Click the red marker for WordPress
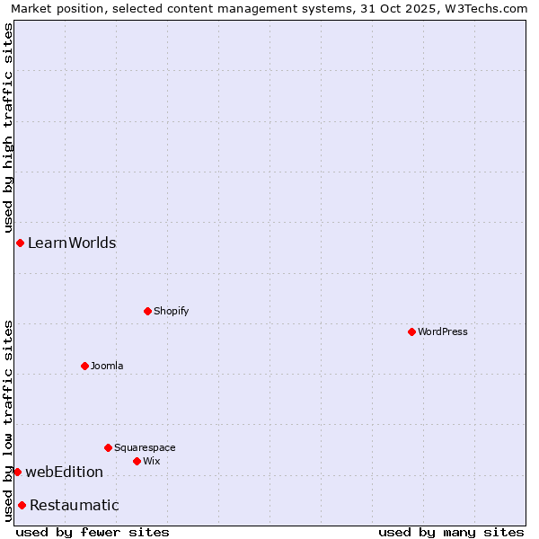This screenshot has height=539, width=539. [x=411, y=331]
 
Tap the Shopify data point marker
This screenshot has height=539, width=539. [x=147, y=311]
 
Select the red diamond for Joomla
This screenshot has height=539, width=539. [x=84, y=366]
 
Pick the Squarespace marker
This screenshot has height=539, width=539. [x=108, y=447]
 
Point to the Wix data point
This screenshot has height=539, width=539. [x=137, y=461]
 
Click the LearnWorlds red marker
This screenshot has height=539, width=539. [x=20, y=243]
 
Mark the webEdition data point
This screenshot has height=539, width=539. [x=17, y=472]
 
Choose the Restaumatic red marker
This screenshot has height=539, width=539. [x=22, y=505]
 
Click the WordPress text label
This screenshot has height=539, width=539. [x=443, y=331]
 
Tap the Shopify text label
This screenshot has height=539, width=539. [x=172, y=311]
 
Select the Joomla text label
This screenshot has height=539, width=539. [x=107, y=366]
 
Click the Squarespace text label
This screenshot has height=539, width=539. [x=145, y=447]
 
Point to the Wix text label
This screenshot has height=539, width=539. [x=152, y=461]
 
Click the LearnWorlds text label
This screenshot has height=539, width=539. [x=72, y=243]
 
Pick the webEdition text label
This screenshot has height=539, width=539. [x=64, y=472]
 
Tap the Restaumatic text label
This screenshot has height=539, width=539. [x=74, y=505]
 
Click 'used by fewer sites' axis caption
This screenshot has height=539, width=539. [x=93, y=532]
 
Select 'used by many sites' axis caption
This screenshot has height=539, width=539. [x=451, y=532]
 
